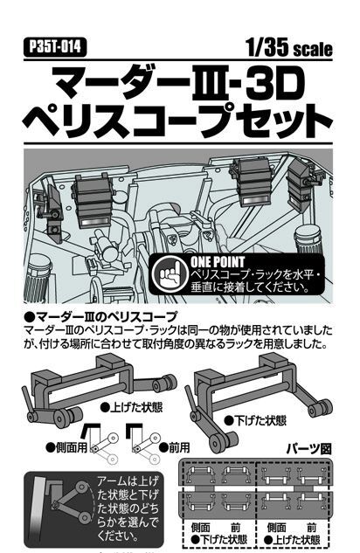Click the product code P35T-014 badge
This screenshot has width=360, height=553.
55,47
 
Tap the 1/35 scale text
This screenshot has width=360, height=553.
289,47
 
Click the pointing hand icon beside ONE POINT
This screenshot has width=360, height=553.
170,274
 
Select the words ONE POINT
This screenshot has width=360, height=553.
218,262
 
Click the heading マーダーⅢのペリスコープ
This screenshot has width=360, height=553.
100,317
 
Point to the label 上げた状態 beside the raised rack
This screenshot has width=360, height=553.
132,407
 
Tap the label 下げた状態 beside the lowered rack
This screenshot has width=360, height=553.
256,420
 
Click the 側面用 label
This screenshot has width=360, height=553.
66,447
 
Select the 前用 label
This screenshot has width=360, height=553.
175,447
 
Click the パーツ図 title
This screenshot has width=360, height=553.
308,449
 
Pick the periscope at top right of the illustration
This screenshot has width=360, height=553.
301,185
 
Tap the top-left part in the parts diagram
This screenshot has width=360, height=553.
199,475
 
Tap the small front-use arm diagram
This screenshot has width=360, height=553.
143,442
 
